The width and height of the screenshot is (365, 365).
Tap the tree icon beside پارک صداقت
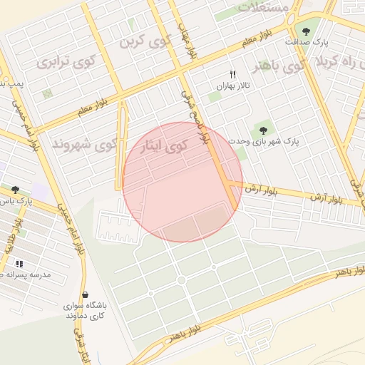[306, 31]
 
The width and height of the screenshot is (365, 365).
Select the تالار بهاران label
[232, 86]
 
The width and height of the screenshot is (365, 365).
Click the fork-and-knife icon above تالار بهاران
[232, 74]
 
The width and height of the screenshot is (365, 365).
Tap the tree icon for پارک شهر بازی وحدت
[263, 130]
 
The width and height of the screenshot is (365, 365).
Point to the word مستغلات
[263, 7]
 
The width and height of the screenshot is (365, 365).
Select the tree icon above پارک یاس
[15, 190]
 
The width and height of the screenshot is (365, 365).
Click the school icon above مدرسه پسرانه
[19, 263]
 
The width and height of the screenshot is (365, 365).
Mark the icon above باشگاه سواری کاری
[85, 294]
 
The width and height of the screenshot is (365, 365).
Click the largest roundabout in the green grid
[181, 280]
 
